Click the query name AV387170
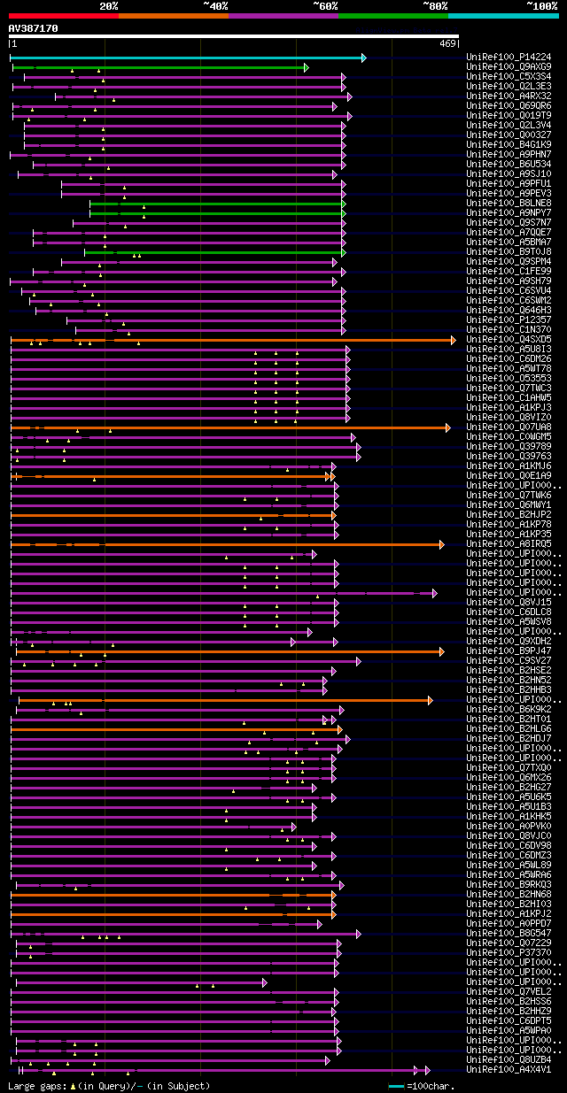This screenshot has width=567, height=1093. click(x=33, y=28)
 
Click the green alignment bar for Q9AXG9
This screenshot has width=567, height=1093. click(x=159, y=67)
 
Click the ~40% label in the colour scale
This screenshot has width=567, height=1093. click(x=215, y=5)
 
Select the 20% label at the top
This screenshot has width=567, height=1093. click(x=109, y=5)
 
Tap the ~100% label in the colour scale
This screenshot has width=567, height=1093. click(x=541, y=5)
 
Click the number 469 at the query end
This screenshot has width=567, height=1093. click(x=447, y=42)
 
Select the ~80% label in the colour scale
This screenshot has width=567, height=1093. click(x=435, y=5)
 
